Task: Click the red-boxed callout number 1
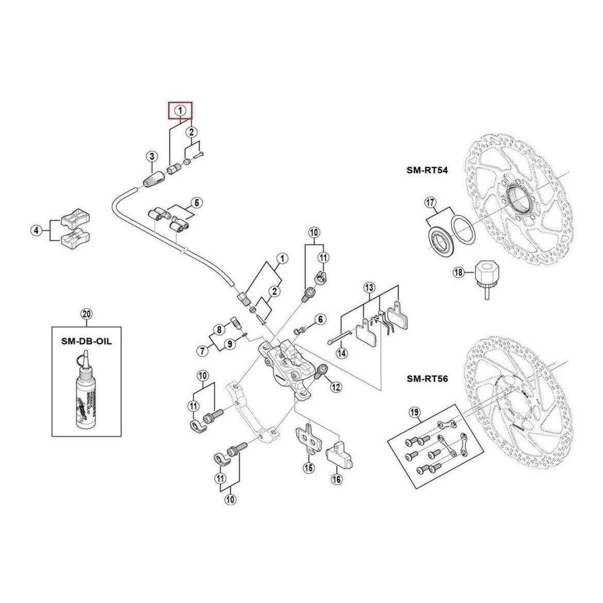point(180,110)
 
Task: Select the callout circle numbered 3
point(151,156)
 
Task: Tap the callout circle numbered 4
point(36,230)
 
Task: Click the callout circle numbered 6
point(320,320)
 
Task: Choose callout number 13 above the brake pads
point(369,288)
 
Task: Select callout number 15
point(308,468)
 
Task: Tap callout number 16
point(337,479)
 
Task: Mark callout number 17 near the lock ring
point(430,202)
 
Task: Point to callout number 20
point(86,314)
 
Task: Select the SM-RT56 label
point(427,379)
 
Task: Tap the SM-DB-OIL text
point(86,341)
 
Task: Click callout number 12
point(336,387)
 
